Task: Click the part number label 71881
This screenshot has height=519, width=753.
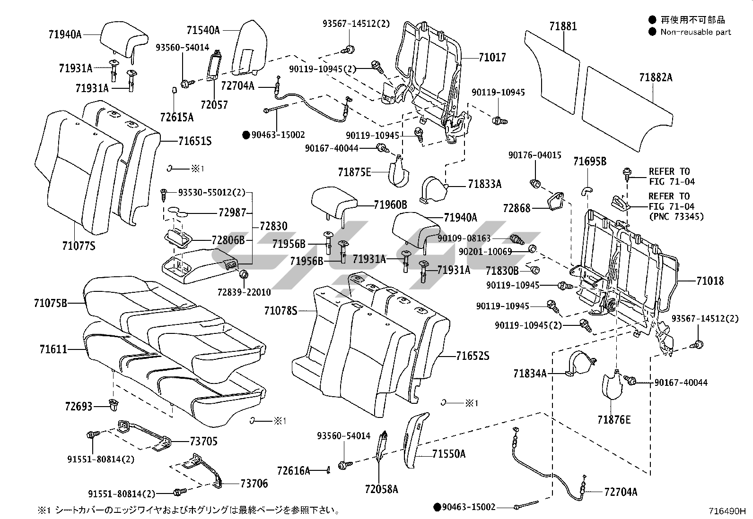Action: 563,26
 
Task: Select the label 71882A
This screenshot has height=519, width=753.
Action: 656,77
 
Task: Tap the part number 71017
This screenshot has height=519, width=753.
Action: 492,58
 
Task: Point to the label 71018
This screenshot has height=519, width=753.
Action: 709,281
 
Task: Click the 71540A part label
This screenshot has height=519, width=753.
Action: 203,30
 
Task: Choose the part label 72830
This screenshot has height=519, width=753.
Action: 273,226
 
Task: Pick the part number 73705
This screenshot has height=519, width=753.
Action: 203,441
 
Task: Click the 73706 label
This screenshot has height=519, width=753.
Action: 254,483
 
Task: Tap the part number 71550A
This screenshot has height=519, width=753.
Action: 448,454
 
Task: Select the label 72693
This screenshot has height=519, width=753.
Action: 79,406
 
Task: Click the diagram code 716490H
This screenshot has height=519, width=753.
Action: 727,511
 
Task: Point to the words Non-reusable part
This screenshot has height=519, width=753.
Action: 695,32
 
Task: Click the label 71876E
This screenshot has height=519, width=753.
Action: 613,420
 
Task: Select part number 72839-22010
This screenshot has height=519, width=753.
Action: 244,292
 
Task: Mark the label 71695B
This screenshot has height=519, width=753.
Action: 589,162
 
